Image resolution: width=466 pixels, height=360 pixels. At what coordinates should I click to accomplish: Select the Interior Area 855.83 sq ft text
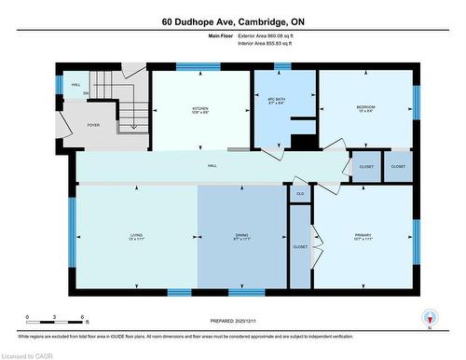pyautogui.click(x=266, y=43)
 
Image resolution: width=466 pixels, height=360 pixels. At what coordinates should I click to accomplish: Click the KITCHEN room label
pyautogui.click(x=200, y=108)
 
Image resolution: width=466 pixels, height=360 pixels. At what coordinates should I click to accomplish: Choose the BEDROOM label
pyautogui.click(x=366, y=108)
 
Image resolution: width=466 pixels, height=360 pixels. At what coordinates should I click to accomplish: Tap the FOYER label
pyautogui.click(x=93, y=124)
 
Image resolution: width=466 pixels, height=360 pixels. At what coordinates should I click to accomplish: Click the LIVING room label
pyautogui.click(x=135, y=235)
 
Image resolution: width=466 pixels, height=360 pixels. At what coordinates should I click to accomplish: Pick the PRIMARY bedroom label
pyautogui.click(x=363, y=235)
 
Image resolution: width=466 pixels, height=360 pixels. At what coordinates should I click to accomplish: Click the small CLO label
pyautogui.click(x=300, y=193)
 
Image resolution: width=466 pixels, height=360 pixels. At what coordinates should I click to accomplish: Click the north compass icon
pyautogui.click(x=429, y=317)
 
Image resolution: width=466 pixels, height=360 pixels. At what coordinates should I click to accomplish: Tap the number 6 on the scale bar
pyautogui.click(x=84, y=317)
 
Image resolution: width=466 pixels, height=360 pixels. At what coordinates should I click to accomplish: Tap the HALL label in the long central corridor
pyautogui.click(x=212, y=165)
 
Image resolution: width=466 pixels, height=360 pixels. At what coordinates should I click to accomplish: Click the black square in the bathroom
pyautogui.click(x=302, y=142)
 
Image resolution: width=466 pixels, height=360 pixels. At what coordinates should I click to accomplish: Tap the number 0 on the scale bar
pyautogui.click(x=28, y=317)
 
